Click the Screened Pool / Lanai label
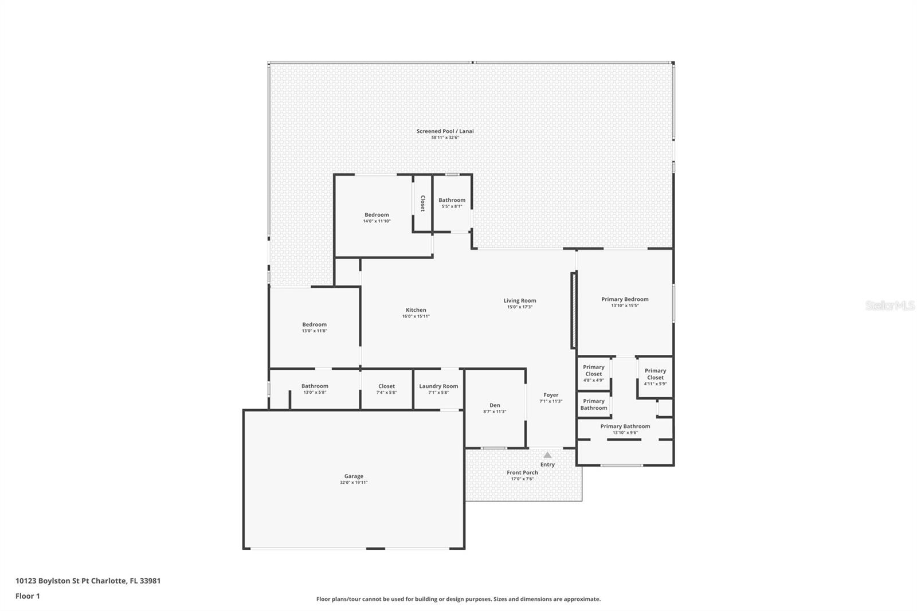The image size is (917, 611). (445, 131)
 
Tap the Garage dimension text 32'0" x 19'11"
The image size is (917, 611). (354, 483)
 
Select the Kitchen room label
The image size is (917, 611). (416, 310)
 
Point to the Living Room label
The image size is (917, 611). (520, 300)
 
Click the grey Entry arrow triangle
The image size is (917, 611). (547, 455)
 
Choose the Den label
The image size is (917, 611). (495, 405)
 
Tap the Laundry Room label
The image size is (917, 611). (438, 386)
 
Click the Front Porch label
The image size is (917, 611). (522, 473)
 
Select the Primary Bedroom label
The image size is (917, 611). (625, 299)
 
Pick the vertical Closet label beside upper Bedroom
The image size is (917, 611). (423, 203)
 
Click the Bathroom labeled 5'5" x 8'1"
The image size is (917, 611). (452, 201)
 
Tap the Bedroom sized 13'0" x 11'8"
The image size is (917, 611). (314, 324)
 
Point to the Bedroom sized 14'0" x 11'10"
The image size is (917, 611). (377, 215)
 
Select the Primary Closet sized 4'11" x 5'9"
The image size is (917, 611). (655, 374)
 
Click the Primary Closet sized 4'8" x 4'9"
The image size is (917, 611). (594, 370)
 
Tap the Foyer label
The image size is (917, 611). (551, 395)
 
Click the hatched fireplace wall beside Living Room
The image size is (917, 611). (573, 310)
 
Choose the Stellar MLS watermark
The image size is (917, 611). (889, 305)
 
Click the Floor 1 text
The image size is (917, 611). (28, 596)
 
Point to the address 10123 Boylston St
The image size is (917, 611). (88, 581)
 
